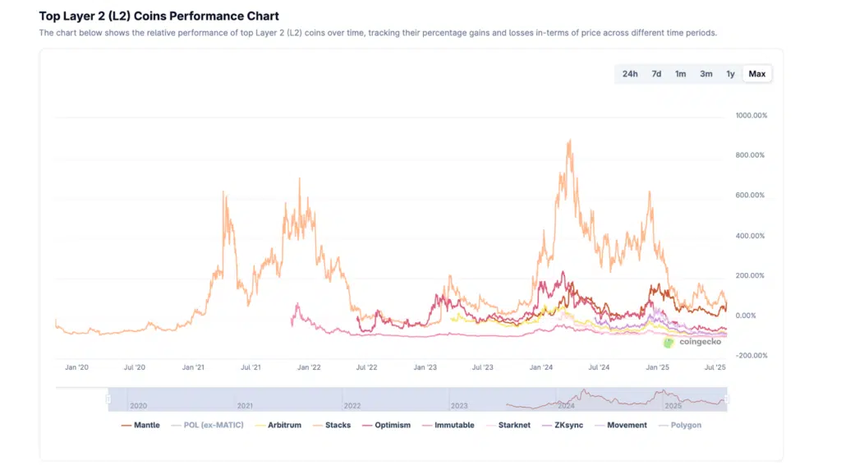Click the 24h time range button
630,74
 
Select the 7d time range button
656,74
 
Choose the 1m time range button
681,74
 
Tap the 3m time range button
706,74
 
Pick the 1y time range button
730,74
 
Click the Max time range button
757,74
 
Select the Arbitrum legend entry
279,425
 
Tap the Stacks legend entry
337,425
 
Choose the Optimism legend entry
392,425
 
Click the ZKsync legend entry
568,425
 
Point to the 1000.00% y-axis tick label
751,116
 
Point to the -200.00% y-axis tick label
751,356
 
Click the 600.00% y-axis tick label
751,196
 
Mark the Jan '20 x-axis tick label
76,368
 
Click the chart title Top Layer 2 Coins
159,16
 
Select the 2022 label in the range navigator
352,406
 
